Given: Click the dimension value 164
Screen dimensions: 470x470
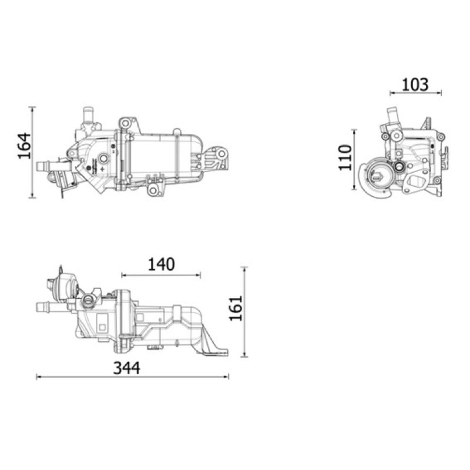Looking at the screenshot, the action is point(24,145).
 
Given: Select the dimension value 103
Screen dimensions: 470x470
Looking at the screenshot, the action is point(415,85).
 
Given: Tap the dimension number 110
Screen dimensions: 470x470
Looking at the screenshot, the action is point(345,157).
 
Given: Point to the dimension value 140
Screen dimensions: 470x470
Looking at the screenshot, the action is point(161,264).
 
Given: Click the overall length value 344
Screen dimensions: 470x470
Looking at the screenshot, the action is point(126,368).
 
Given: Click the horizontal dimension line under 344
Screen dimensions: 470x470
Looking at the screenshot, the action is point(132,377).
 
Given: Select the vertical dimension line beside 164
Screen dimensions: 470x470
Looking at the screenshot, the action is point(32,152).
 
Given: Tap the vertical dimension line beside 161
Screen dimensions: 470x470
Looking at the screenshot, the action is point(244,312).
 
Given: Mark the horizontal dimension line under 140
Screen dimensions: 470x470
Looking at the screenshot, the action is point(161,275).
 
